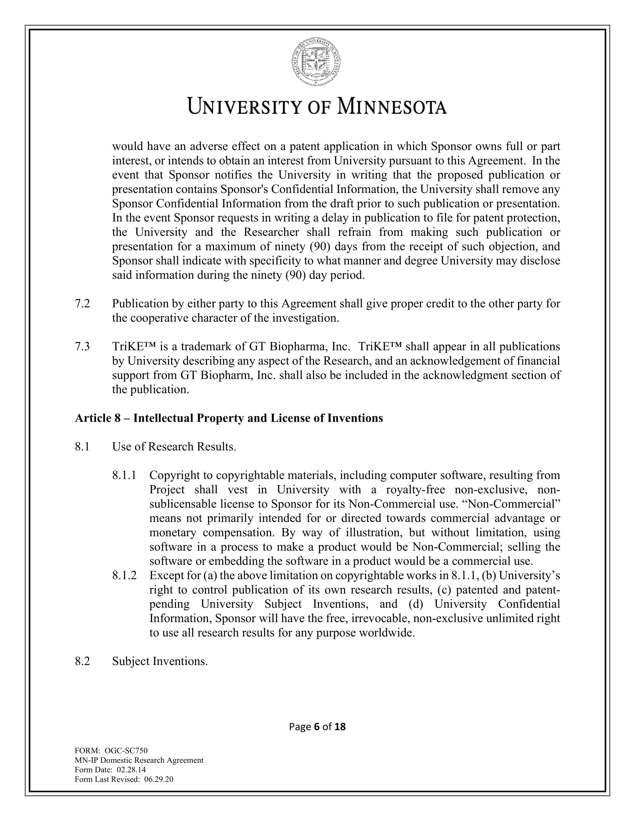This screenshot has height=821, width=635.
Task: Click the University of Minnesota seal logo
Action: (317, 62)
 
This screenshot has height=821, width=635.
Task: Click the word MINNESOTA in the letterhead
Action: (391, 106)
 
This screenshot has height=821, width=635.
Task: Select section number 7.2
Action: (83, 303)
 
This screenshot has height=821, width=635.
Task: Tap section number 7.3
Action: (83, 346)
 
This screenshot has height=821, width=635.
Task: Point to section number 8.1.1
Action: (124, 475)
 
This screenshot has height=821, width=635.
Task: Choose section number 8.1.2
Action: (124, 575)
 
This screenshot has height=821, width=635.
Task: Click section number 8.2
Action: (83, 661)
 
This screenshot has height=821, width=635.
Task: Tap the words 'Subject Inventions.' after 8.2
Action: (160, 661)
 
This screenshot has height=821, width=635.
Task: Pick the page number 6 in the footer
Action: (316, 727)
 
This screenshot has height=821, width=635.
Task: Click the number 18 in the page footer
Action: (340, 727)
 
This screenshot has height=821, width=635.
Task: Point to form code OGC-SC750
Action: (126, 751)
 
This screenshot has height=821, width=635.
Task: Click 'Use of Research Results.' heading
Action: (174, 447)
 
